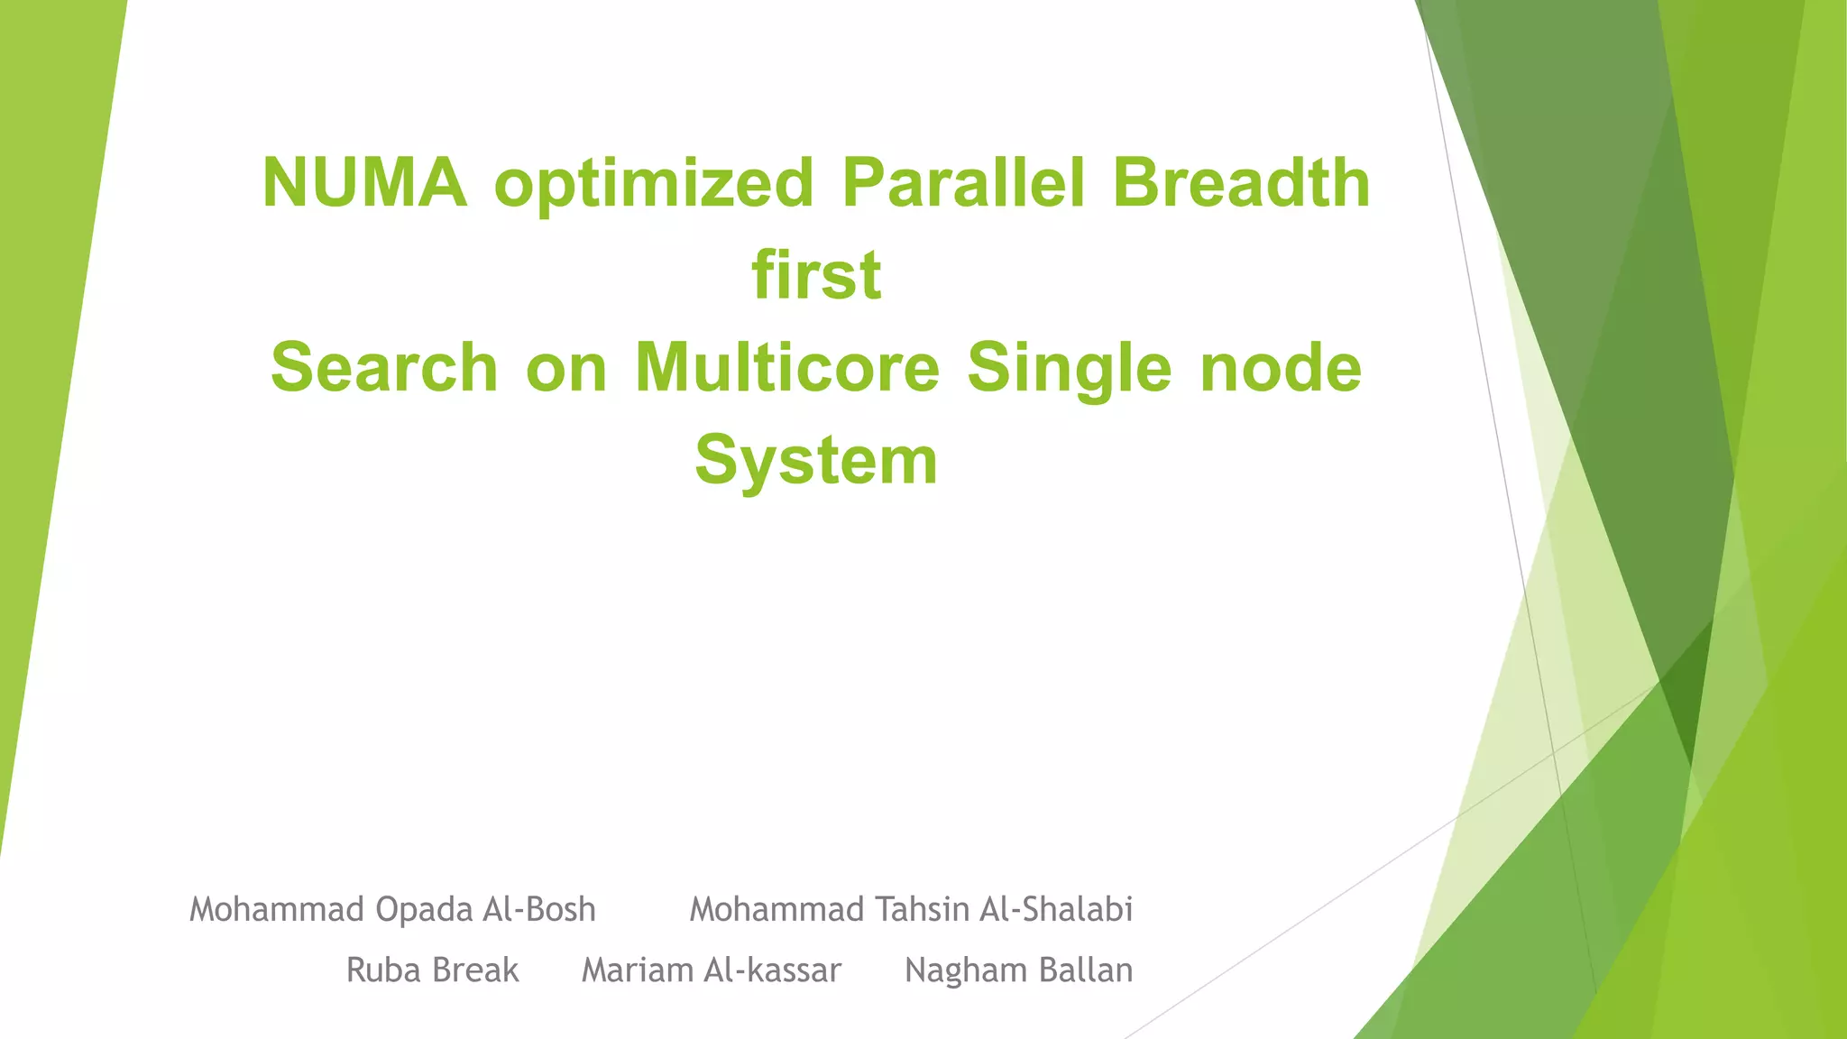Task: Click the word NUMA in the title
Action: point(364,183)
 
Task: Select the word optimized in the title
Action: point(654,183)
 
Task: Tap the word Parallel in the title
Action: point(963,183)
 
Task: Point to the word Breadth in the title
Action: point(1241,183)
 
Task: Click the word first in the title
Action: point(816,275)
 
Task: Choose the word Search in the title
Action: point(384,368)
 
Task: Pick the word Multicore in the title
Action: point(787,368)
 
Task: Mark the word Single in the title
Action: point(1069,368)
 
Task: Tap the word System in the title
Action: point(816,460)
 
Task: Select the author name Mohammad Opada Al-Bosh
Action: point(392,909)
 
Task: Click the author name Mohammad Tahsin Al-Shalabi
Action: point(911,909)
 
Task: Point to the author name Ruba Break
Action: point(433,970)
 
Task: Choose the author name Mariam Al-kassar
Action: point(712,970)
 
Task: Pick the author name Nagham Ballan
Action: point(1018,970)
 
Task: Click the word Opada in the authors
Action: point(423,909)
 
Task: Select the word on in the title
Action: point(566,368)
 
